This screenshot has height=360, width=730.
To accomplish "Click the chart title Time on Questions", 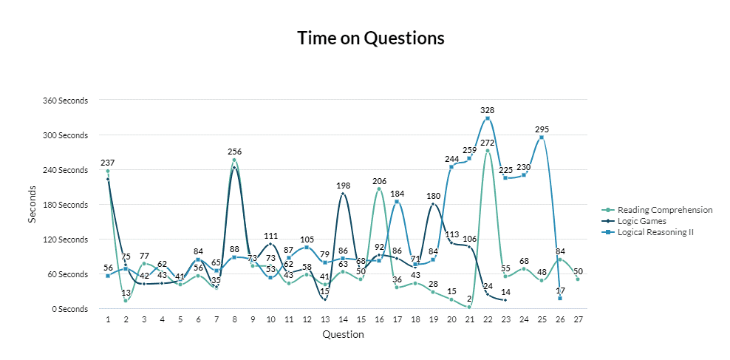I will (371, 38).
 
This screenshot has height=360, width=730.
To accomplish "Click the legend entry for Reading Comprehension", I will (665, 210).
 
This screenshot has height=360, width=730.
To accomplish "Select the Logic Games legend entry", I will (641, 221).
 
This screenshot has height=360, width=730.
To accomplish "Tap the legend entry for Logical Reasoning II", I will (655, 232).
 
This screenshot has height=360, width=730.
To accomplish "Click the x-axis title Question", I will (343, 335).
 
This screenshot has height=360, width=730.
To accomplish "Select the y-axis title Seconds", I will (32, 205).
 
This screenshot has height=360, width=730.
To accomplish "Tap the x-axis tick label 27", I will (578, 319).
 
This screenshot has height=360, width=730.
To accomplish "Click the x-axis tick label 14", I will (343, 319).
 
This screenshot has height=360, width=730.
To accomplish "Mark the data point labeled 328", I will (488, 118).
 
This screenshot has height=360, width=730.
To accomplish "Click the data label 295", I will (542, 129).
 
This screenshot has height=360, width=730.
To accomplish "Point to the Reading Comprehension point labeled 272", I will (488, 151).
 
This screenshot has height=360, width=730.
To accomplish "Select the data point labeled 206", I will (379, 189).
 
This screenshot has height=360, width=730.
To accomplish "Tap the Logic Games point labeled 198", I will (343, 194).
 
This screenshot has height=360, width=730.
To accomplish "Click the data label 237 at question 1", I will (108, 163).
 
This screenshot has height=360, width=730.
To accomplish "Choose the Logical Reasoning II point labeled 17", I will (560, 298).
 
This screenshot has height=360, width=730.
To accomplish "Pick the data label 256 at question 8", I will (234, 152).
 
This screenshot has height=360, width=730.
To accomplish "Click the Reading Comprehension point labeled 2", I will (469, 307).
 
